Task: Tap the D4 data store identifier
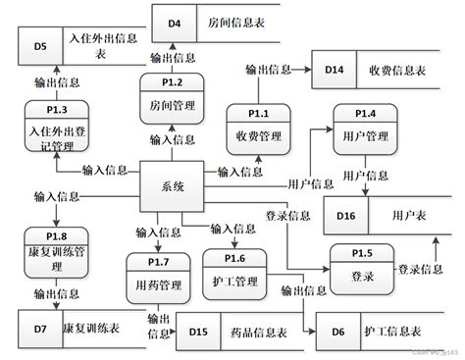tap(173, 21)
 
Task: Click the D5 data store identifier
tap(39, 45)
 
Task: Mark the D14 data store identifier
tap(335, 71)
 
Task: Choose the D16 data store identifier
tap(346, 215)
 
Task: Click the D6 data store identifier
tap(337, 333)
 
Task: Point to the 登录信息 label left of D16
tap(287, 215)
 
